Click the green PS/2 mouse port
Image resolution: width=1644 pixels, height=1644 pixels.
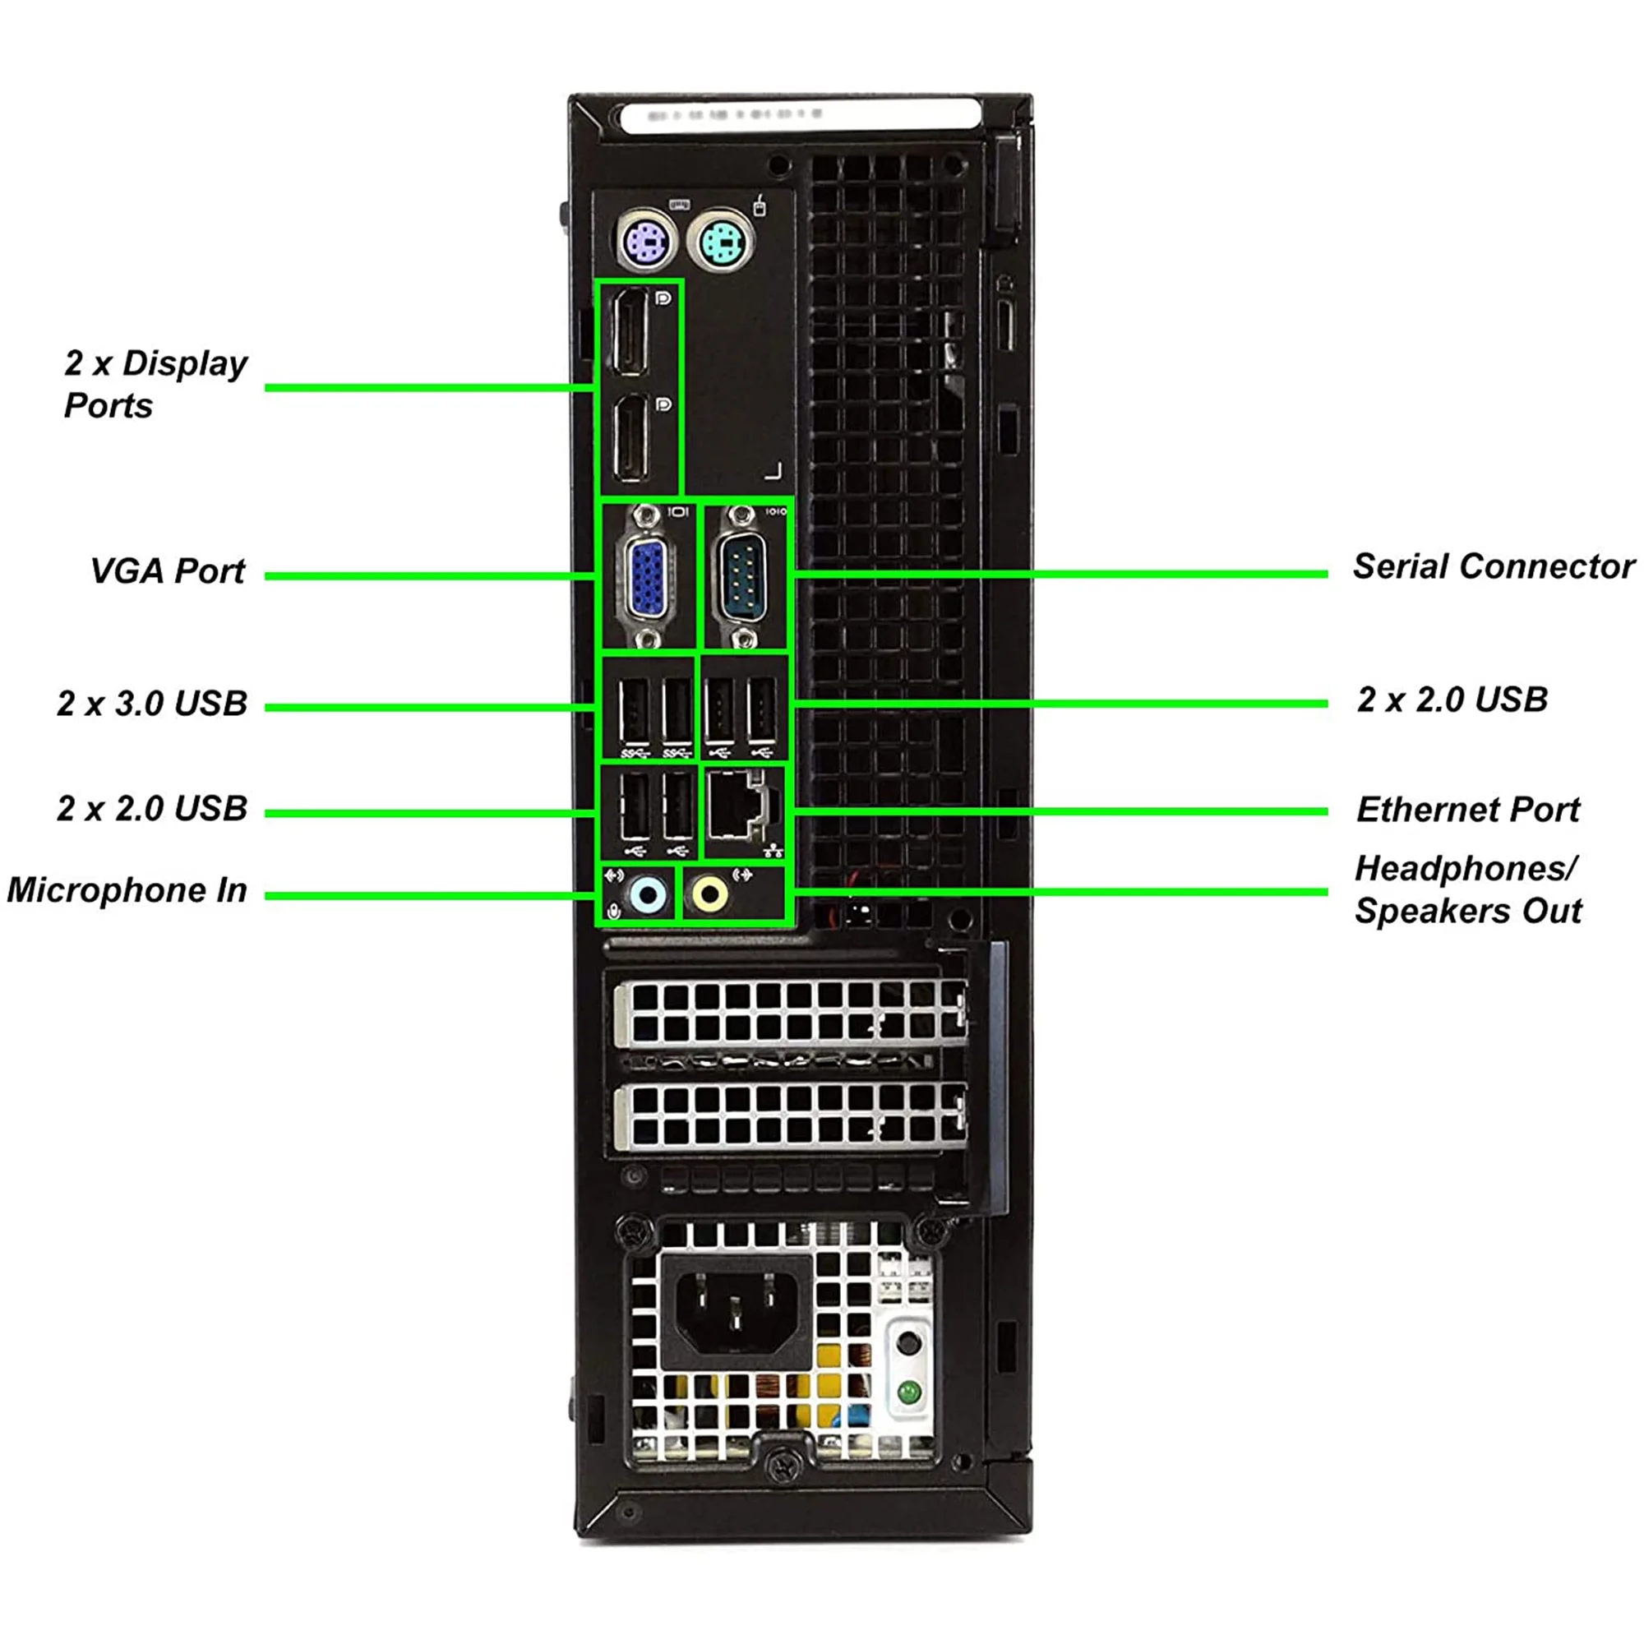coord(723,244)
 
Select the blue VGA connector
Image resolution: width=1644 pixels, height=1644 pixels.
coord(648,580)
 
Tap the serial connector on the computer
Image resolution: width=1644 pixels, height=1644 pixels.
coord(744,576)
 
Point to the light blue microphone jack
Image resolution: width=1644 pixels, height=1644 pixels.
coord(649,894)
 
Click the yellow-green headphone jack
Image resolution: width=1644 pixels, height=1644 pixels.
coord(709,894)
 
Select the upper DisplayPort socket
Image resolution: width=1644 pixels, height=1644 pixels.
coord(630,332)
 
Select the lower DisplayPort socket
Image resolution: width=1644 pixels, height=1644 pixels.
coord(630,438)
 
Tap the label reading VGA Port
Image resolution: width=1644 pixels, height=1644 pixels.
coord(168,571)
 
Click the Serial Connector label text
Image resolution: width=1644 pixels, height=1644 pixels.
coord(1493,566)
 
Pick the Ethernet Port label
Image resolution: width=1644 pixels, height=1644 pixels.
coord(1467,809)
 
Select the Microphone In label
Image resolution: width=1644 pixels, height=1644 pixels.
coord(127,890)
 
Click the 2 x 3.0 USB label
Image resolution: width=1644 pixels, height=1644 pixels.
coord(152,704)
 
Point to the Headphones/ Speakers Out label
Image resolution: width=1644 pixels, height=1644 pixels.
coord(1467,890)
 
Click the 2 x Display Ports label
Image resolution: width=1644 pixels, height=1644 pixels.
coord(155,384)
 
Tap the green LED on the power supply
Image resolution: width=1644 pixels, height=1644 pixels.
coord(909,1393)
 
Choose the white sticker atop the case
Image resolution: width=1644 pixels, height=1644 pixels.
coord(800,114)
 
